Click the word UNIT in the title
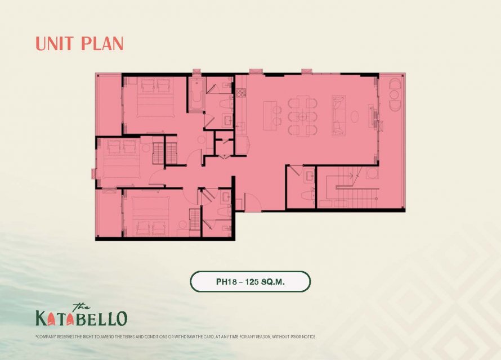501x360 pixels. tap(55, 44)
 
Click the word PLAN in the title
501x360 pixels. tap(101, 44)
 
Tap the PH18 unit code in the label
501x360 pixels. tap(226, 282)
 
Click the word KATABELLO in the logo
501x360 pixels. tap(82, 318)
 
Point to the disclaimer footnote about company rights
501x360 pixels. tap(176, 337)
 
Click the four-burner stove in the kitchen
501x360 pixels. tap(241, 92)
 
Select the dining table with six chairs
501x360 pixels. tap(303, 116)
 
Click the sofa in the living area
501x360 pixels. tap(339, 115)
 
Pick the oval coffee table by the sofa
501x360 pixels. tap(355, 116)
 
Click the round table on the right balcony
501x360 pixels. tap(394, 94)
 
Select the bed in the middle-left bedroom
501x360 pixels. tap(120, 160)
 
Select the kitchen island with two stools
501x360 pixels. tap(273, 115)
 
